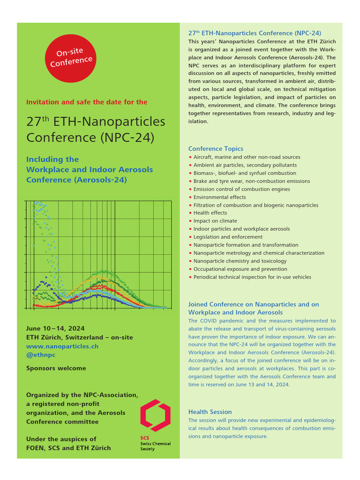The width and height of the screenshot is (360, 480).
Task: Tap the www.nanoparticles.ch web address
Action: coord(62,346)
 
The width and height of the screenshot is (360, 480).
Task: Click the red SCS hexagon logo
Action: coord(155,415)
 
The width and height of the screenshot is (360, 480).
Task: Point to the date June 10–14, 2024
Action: coord(55,329)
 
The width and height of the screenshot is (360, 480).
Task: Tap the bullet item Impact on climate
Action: coord(215,221)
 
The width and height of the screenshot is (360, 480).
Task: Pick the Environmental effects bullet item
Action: coord(219,197)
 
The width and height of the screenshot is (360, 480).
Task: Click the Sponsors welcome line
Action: coord(56,368)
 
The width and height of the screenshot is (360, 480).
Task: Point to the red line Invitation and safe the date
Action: coord(87,102)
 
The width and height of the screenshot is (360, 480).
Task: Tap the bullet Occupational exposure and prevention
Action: coord(240,269)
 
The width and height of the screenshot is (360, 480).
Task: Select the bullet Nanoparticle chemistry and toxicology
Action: coord(240,261)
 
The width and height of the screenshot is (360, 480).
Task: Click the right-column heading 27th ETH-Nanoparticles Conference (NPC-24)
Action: coord(255,33)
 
